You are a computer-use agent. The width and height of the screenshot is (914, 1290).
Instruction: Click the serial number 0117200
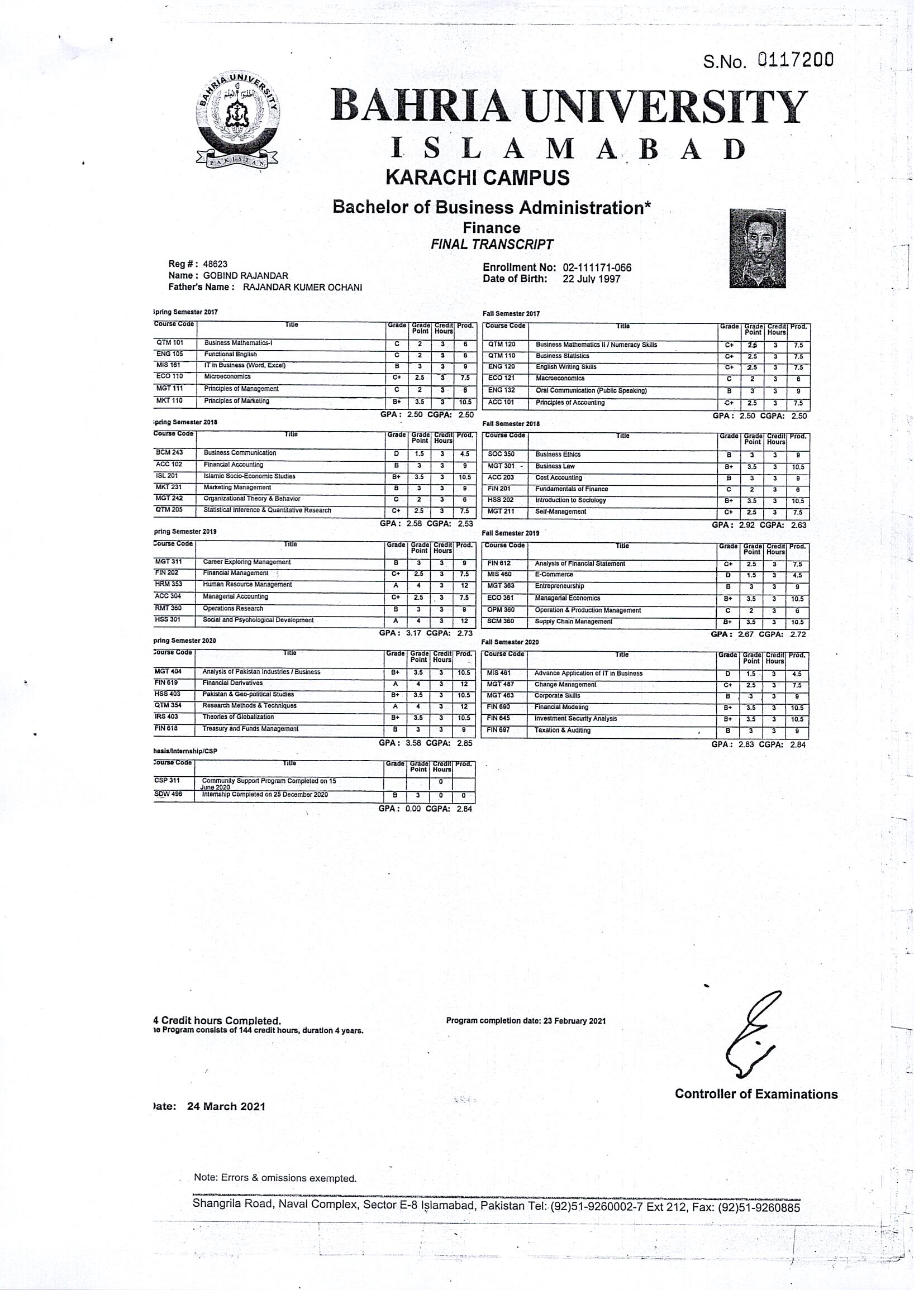pos(795,60)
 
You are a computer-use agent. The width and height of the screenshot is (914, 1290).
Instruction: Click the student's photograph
pos(757,248)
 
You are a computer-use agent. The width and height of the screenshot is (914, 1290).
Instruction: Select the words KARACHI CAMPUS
pos(477,178)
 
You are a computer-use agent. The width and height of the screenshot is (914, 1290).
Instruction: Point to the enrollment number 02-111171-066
pos(597,268)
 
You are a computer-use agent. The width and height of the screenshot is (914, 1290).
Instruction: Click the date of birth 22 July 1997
pos(591,279)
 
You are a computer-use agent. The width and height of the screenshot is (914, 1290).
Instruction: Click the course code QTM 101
pos(170,342)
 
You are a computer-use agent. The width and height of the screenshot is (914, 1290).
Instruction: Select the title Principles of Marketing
pos(236,401)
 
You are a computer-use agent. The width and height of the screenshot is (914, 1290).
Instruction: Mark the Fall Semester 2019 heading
pos(511,533)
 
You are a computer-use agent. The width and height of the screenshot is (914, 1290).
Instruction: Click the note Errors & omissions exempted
pos(275,1178)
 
